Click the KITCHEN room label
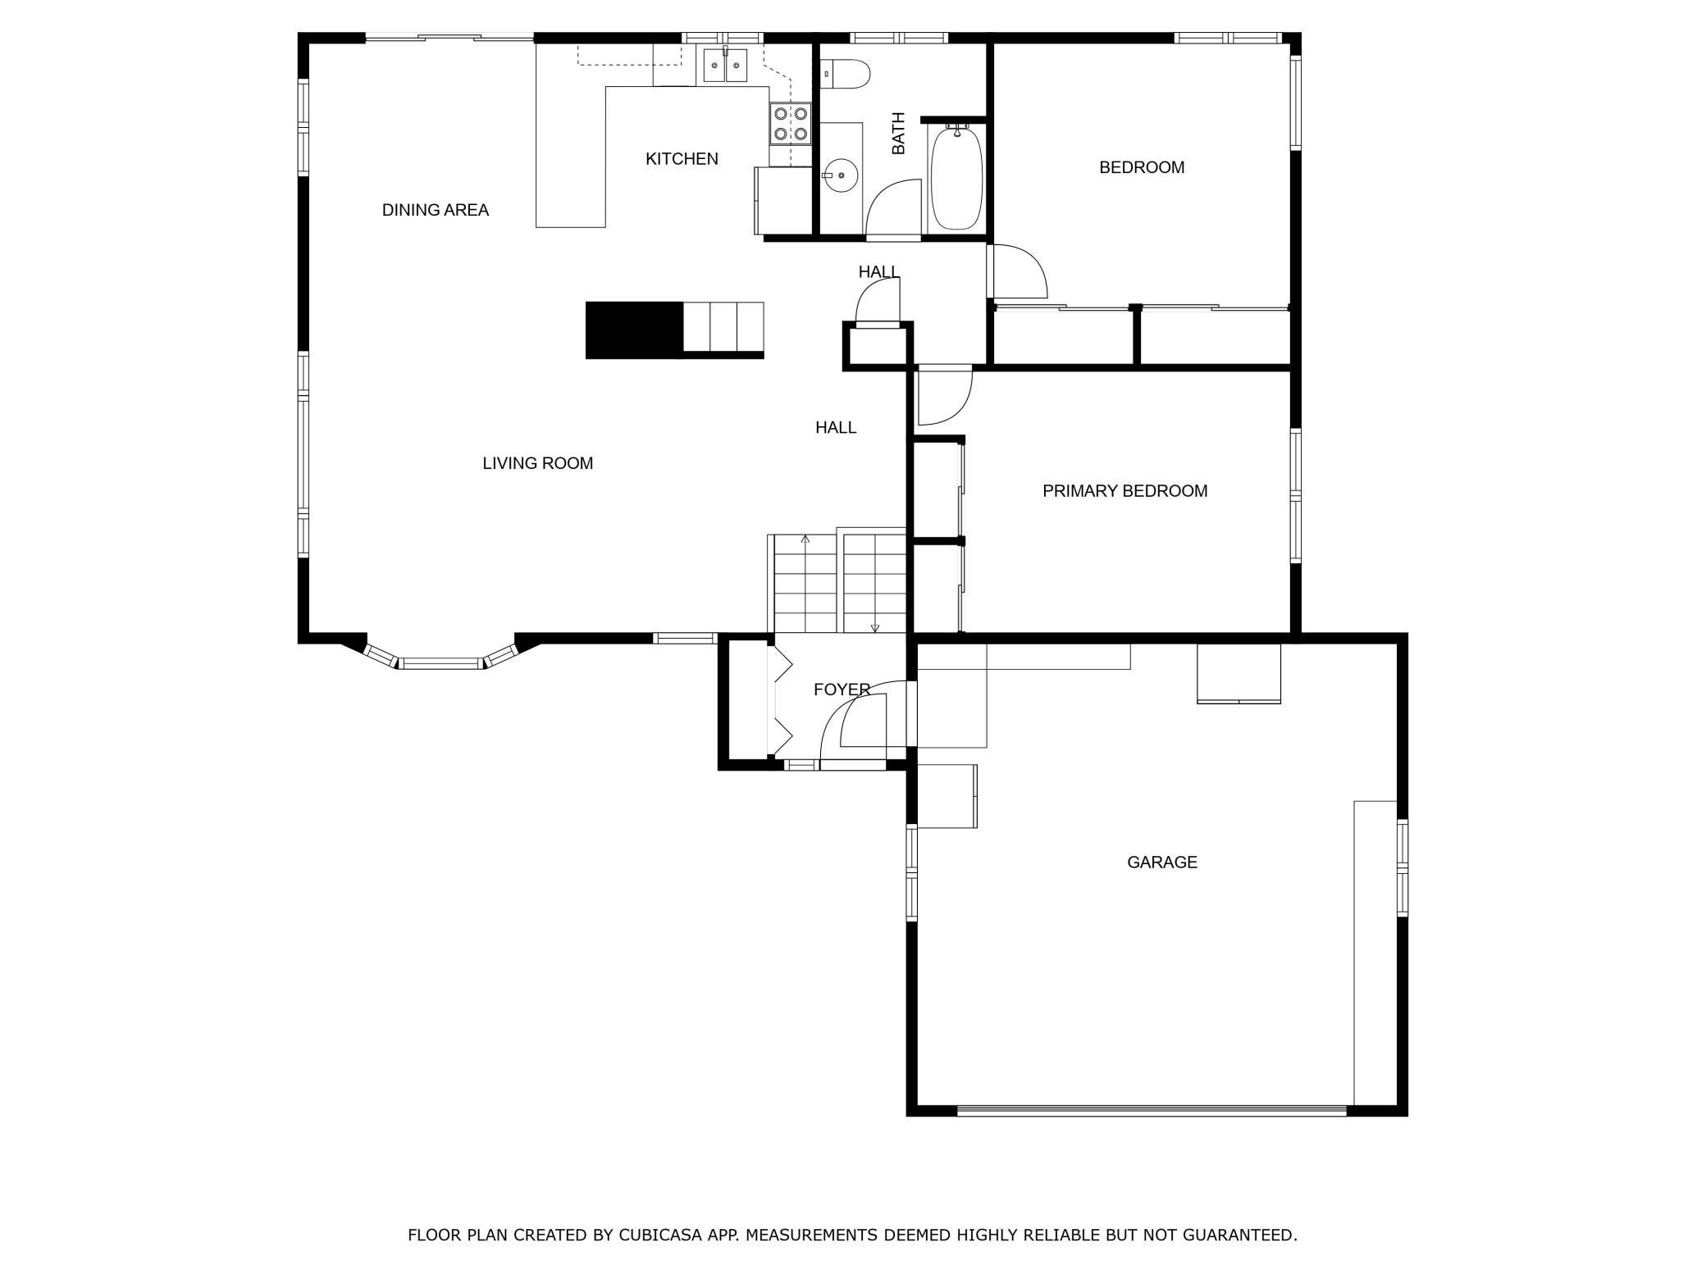[x=682, y=159]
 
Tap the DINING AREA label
[x=436, y=210]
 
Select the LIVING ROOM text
[x=538, y=463]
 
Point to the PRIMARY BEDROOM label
[x=1125, y=491]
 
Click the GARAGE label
[x=1162, y=863]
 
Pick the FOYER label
[x=842, y=690]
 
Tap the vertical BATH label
[x=899, y=133]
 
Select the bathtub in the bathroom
[x=957, y=177]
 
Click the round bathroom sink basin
[x=840, y=175]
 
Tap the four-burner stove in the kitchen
[x=791, y=125]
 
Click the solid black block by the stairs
[x=634, y=330]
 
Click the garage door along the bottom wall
[x=1152, y=1111]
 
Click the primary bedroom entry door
[x=945, y=397]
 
